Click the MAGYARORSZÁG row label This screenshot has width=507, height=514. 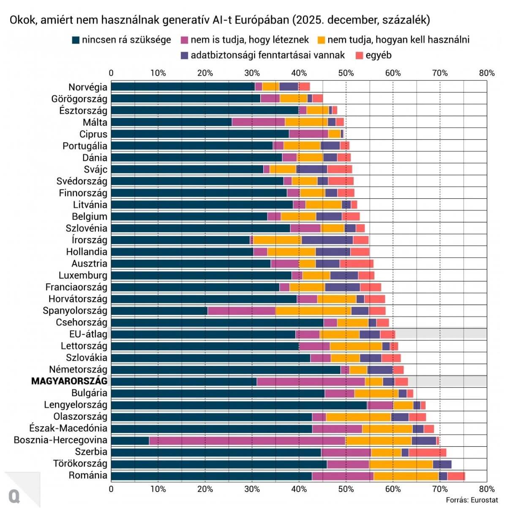[69, 381]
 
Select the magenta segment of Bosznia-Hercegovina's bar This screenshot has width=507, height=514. [247, 440]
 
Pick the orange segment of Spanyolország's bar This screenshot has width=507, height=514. [313, 311]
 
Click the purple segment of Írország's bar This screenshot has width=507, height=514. [327, 240]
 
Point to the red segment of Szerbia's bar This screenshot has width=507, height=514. [427, 452]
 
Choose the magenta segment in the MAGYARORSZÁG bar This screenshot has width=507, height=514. [311, 381]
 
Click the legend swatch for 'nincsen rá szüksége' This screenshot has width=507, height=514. [76, 40]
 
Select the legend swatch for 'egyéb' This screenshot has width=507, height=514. [360, 55]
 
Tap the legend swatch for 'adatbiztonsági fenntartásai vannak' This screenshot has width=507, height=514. [184, 55]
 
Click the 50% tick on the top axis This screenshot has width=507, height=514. [346, 73]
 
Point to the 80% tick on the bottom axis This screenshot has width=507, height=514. [487, 489]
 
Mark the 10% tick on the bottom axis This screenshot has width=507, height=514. [158, 489]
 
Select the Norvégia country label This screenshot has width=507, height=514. [88, 87]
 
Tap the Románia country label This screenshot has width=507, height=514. [88, 475]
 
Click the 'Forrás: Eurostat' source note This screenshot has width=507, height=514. [472, 500]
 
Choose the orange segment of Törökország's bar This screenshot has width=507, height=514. [401, 464]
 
